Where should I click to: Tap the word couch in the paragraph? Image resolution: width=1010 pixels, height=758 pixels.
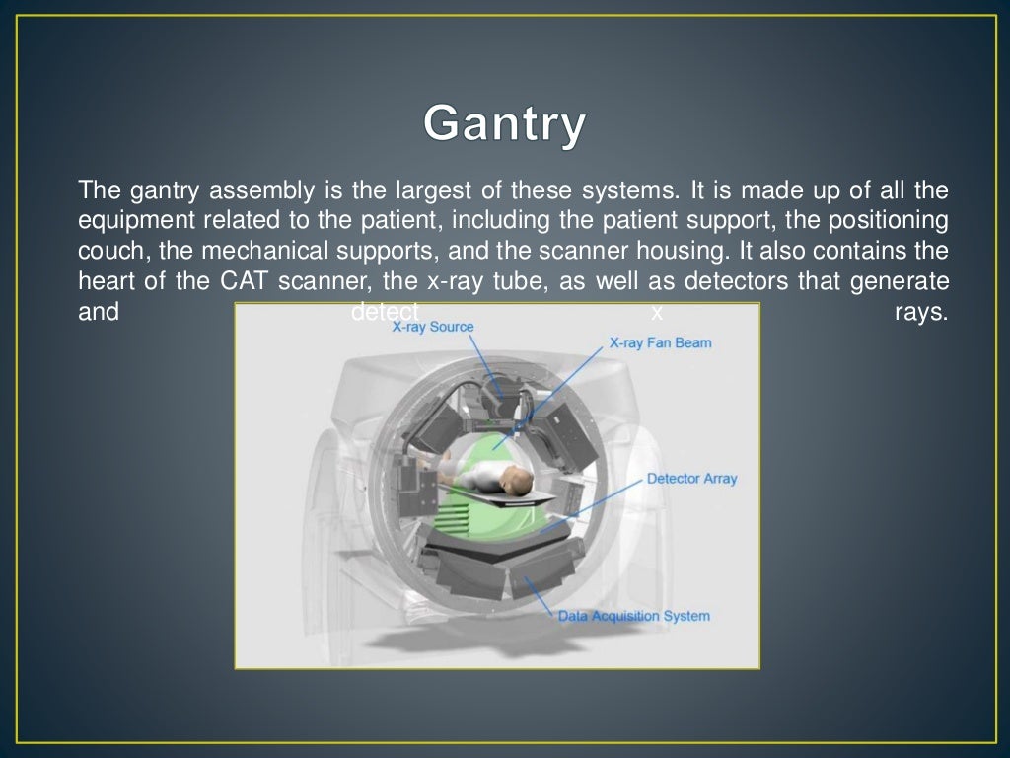coord(108,251)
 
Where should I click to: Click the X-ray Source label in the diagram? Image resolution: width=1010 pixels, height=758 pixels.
coord(432,327)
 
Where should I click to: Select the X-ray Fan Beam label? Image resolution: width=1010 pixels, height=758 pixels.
coord(660,343)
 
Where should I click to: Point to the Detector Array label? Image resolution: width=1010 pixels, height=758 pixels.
coord(691,479)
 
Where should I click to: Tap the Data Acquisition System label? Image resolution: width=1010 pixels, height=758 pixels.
coord(633,616)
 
